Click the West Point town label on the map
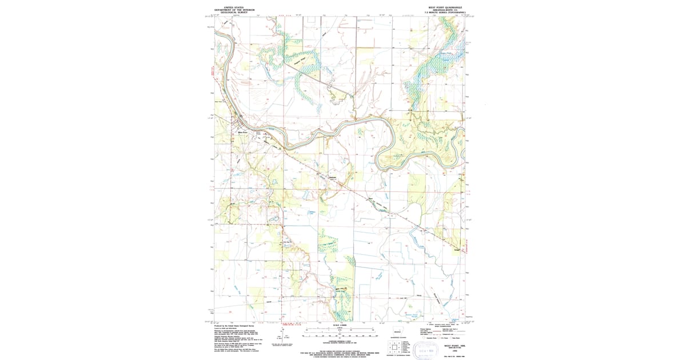(x=242, y=133)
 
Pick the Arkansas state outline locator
(x=397, y=332)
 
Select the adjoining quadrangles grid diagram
(x=394, y=346)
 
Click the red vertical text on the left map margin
(x=212, y=74)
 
